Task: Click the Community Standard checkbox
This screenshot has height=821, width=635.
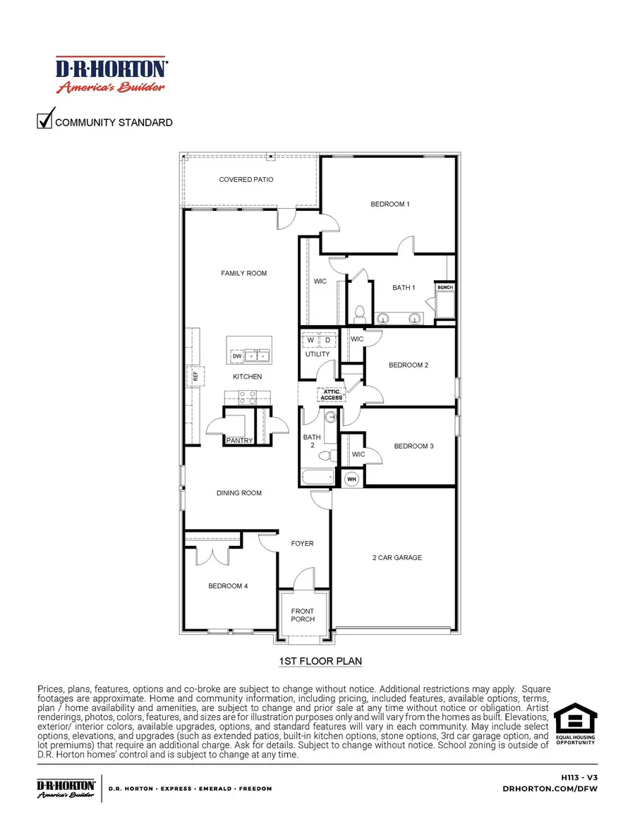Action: point(44,121)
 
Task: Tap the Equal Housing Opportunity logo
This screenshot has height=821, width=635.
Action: point(575,723)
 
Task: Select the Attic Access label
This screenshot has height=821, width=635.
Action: point(332,395)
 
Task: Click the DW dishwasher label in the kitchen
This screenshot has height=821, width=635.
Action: point(237,357)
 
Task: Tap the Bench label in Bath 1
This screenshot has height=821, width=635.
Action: point(445,288)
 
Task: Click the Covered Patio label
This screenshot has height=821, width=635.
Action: point(246,180)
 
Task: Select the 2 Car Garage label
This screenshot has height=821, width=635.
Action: point(397,558)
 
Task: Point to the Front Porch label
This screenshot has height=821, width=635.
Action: point(303,615)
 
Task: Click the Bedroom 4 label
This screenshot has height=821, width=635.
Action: point(227,586)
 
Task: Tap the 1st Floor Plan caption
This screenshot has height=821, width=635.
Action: point(321,661)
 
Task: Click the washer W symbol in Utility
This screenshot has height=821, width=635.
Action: point(310,341)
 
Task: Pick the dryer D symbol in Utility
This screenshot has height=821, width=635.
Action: point(327,341)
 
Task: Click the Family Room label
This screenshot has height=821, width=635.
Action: point(244,273)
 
